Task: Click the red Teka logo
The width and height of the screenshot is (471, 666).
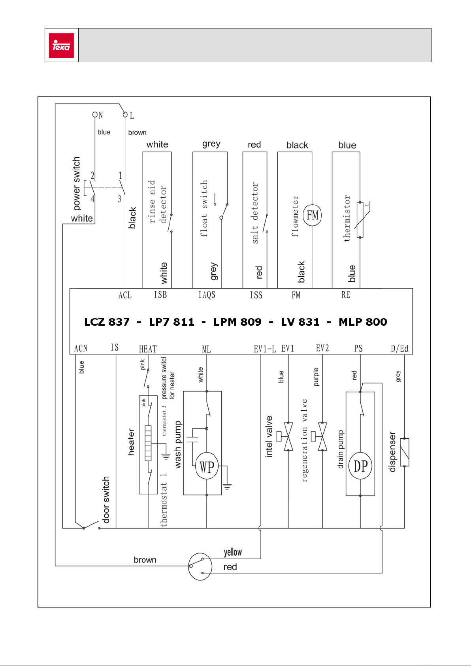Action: [x=62, y=45]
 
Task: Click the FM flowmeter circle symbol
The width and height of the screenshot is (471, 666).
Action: [x=312, y=215]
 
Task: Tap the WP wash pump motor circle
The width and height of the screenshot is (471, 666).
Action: [x=207, y=466]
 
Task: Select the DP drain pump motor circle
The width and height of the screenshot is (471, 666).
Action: [x=360, y=466]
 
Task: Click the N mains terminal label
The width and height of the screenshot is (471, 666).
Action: [x=101, y=115]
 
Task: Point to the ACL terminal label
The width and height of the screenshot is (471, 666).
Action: [x=125, y=295]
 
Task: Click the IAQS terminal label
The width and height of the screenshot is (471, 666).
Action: [x=207, y=295]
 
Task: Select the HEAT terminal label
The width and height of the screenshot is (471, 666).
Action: [x=148, y=349]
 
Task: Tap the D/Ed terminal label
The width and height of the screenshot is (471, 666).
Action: [x=400, y=349]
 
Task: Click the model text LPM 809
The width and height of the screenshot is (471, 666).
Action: [x=237, y=322]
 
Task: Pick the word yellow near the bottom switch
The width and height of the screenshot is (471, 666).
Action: [x=233, y=552]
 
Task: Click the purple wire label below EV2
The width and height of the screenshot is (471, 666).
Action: [x=316, y=377]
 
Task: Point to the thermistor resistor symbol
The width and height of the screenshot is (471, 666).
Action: [x=360, y=220]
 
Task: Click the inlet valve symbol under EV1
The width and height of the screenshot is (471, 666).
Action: [x=286, y=436]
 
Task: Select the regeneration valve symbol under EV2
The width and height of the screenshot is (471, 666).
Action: [x=320, y=436]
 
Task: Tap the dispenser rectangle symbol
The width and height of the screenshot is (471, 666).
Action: [x=405, y=452]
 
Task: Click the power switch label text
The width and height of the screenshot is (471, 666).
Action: [x=76, y=183]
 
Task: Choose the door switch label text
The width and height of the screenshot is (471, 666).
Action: [x=106, y=500]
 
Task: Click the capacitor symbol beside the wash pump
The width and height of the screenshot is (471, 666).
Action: [x=192, y=440]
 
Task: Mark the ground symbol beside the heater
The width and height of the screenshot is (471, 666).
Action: [x=166, y=456]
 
